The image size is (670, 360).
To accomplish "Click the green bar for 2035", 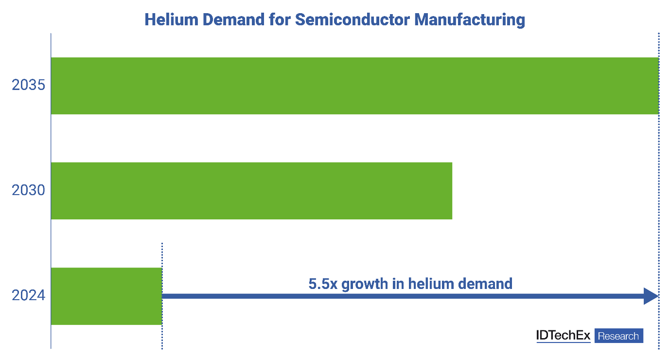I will [354, 86].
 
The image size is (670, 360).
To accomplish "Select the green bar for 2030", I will [251, 191].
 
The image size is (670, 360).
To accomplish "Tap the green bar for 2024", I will [106, 296].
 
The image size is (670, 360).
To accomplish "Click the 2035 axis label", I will [29, 86].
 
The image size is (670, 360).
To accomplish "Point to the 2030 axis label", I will [29, 190].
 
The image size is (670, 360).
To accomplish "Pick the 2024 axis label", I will [29, 295].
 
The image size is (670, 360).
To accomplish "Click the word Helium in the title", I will [168, 19].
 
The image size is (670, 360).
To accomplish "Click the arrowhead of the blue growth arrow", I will [651, 296].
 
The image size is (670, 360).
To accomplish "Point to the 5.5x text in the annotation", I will [323, 283].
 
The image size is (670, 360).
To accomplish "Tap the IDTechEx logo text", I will [563, 336].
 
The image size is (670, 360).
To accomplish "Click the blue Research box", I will [618, 336].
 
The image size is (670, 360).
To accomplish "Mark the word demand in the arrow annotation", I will [484, 283].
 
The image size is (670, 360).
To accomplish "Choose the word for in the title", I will [280, 19].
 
